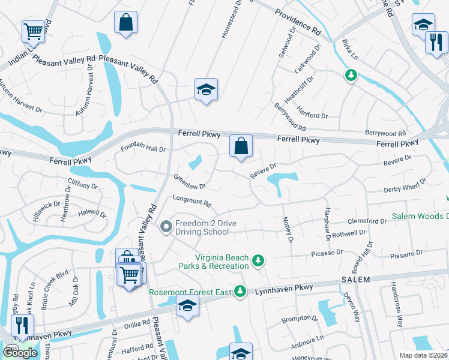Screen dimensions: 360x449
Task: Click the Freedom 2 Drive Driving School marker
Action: pyautogui.click(x=166, y=227)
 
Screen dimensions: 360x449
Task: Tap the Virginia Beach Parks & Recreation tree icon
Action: pyautogui.click(x=258, y=260)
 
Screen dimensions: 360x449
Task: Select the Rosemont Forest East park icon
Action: pyautogui.click(x=240, y=291)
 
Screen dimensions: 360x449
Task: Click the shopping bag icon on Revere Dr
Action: pyautogui.click(x=241, y=146)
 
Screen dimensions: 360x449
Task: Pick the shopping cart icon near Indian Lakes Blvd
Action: pyautogui.click(x=34, y=31)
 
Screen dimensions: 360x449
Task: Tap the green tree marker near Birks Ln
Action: pyautogui.click(x=351, y=76)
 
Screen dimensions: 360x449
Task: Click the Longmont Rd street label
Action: pyautogui.click(x=192, y=202)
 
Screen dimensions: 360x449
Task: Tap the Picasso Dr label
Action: pyautogui.click(x=328, y=254)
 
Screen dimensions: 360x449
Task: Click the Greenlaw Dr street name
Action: pyautogui.click(x=190, y=181)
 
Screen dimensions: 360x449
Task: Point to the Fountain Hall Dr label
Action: pyautogui.click(x=143, y=148)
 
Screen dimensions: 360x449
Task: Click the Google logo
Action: pyautogui.click(x=20, y=353)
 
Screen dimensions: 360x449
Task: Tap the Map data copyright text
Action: pyautogui.click(x=424, y=355)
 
